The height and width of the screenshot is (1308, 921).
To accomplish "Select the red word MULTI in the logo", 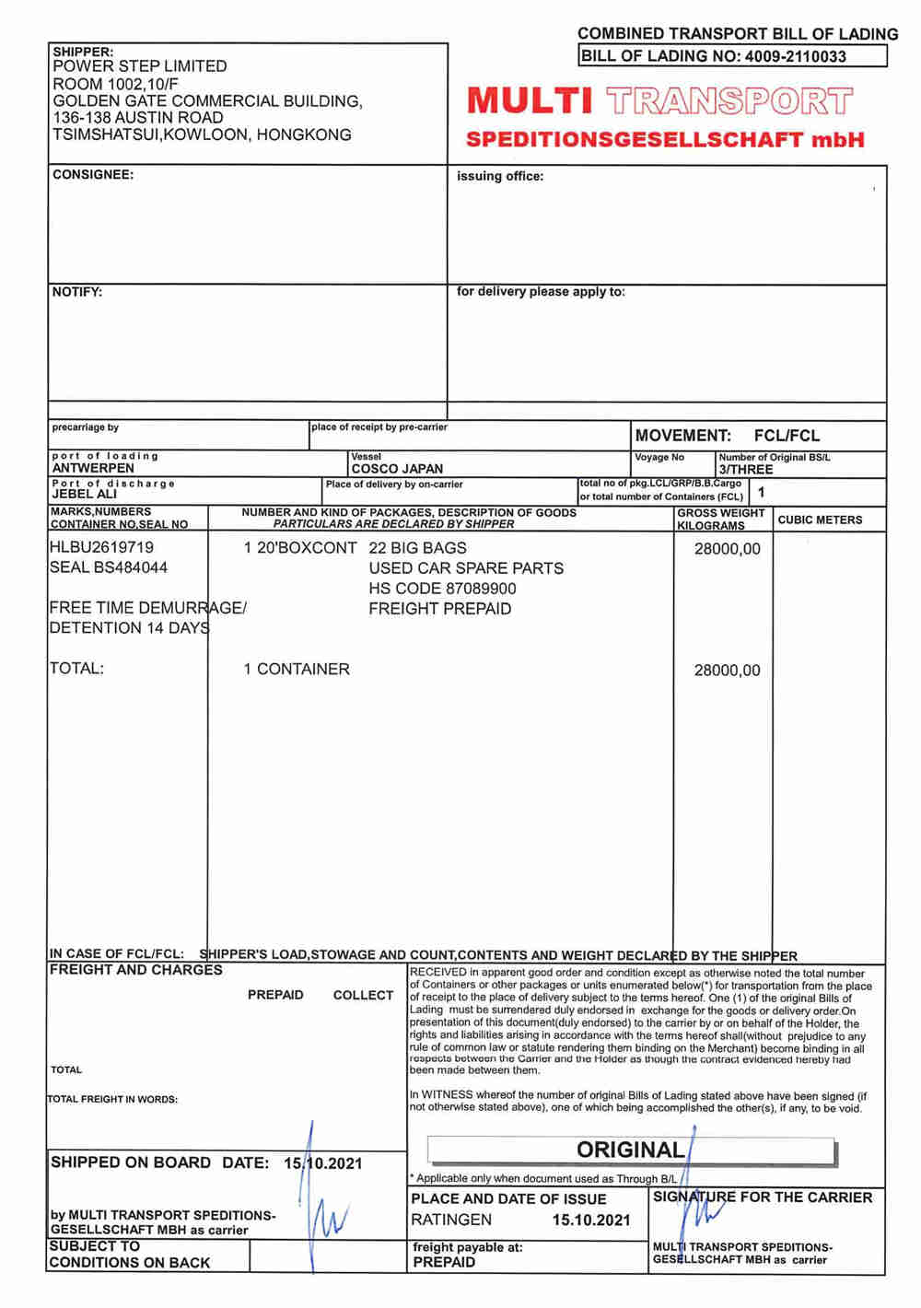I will click(529, 100).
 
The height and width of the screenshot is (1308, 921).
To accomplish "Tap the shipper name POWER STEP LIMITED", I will click(140, 66).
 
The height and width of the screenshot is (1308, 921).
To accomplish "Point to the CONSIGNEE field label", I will click(93, 174).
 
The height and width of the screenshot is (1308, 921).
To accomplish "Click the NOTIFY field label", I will click(77, 292).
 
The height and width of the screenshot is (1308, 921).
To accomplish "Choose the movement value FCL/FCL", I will click(786, 436).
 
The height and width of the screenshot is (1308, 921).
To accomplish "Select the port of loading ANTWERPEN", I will click(93, 468).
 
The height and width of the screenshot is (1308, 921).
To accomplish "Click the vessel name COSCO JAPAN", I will click(397, 469).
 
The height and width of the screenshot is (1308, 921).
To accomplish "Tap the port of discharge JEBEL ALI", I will click(85, 495).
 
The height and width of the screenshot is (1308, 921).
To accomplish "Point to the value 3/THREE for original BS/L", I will click(746, 470).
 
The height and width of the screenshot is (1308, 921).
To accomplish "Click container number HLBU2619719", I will click(102, 547).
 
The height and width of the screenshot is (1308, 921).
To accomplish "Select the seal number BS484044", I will click(109, 567).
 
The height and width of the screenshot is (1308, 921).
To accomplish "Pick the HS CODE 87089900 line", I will click(442, 589).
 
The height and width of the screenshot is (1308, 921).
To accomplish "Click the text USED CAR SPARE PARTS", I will click(466, 568).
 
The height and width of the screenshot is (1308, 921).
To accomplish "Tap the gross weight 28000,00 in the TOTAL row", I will click(727, 671).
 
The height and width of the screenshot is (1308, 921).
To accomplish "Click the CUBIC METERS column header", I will click(820, 520).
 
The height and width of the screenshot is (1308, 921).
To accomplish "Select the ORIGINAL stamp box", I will click(631, 1150).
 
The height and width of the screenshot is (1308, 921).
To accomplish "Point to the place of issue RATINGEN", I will click(451, 1220).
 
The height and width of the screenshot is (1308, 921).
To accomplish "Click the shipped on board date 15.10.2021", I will click(322, 1163).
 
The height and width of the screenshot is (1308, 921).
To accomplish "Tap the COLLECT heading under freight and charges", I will click(363, 995).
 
